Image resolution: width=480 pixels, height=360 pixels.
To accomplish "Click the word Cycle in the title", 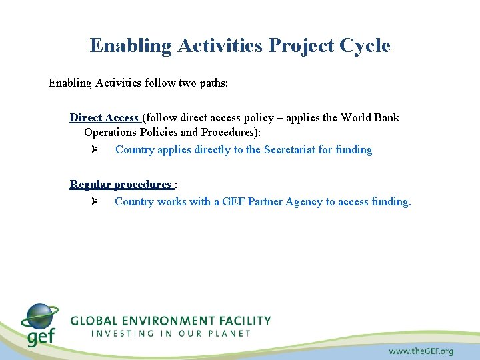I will [365, 46].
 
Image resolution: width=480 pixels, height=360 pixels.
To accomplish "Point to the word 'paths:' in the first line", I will [212, 83].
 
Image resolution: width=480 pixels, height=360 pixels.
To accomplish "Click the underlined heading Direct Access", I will [104, 117].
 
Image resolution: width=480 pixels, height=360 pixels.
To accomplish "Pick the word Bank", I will [387, 117].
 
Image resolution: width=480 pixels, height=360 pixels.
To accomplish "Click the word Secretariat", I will [289, 149].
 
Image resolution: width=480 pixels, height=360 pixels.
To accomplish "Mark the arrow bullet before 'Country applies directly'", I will [95, 149].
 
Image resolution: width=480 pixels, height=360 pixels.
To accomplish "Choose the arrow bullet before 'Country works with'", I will [95, 201].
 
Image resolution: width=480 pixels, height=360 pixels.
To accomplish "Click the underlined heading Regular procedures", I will [121, 184].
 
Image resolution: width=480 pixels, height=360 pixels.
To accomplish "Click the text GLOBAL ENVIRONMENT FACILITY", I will [171, 321].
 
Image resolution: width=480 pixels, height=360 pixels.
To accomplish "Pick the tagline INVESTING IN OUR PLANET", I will [171, 333].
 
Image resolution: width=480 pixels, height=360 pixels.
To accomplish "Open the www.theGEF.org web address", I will [421, 351].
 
